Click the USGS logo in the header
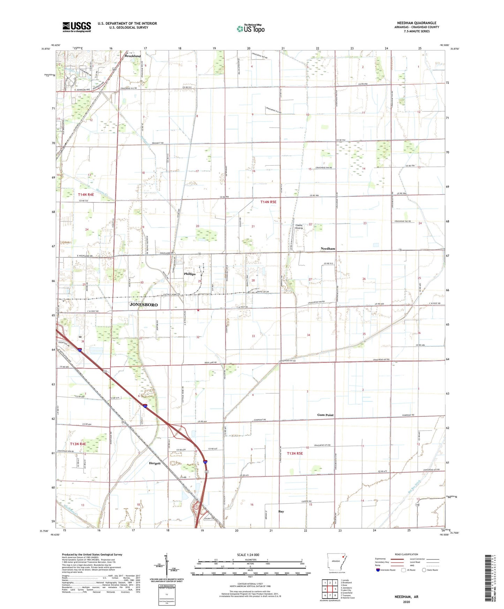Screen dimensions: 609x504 pyautogui.click(x=76, y=27)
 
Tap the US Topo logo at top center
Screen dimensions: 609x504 pyautogui.click(x=250, y=29)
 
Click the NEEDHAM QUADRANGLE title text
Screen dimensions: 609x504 pyautogui.click(x=416, y=23)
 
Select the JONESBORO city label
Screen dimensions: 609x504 pyautogui.click(x=143, y=304)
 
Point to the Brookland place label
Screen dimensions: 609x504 pyautogui.click(x=133, y=56)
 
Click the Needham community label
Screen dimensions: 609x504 pyautogui.click(x=328, y=248)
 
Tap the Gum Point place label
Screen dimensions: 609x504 pyautogui.click(x=325, y=415)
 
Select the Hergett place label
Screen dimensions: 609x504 pyautogui.click(x=155, y=463)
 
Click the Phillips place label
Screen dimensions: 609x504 pyautogui.click(x=189, y=274)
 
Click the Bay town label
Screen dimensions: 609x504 pyautogui.click(x=281, y=511)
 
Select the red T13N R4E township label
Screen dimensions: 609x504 pyautogui.click(x=78, y=444)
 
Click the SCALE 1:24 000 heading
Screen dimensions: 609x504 pyautogui.click(x=248, y=555)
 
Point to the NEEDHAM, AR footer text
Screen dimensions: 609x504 pyautogui.click(x=406, y=597)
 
